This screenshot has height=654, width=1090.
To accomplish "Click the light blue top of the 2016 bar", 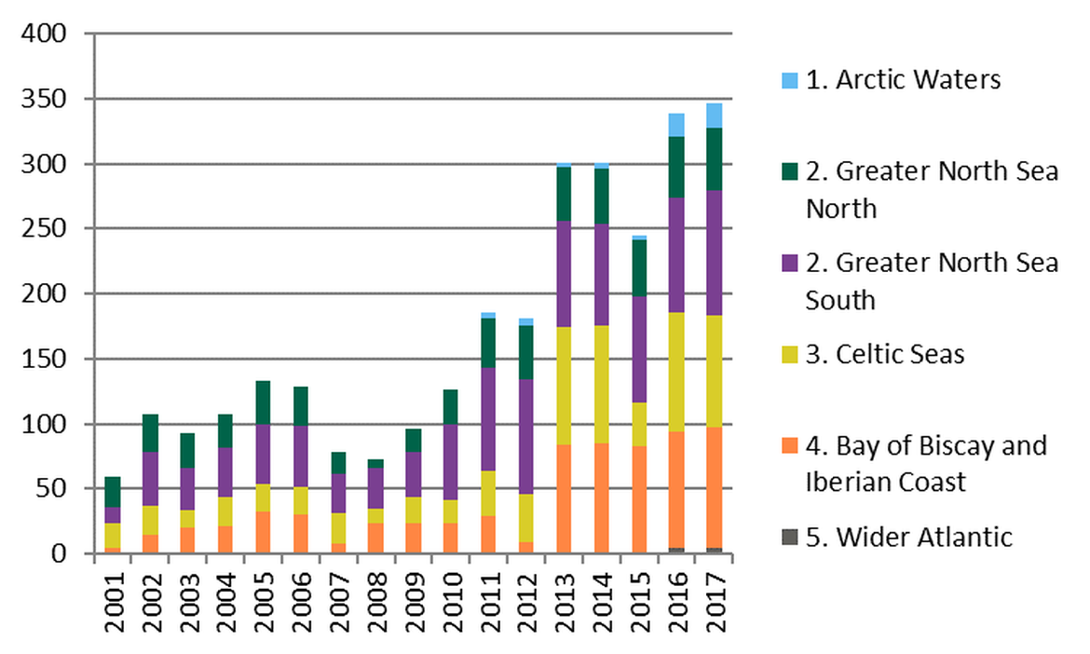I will pos(676,125).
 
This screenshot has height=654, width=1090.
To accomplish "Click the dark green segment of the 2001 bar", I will pos(112,492).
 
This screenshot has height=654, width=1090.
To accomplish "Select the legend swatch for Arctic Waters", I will pos(790,81).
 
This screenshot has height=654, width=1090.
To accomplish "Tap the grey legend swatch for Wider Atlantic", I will pos(790,537).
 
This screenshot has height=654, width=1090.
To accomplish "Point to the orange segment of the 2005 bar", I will pos(263,533).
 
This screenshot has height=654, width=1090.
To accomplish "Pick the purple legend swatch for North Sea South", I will pos(790,265).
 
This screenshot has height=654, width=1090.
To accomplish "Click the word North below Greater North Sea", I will pos(841,209).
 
